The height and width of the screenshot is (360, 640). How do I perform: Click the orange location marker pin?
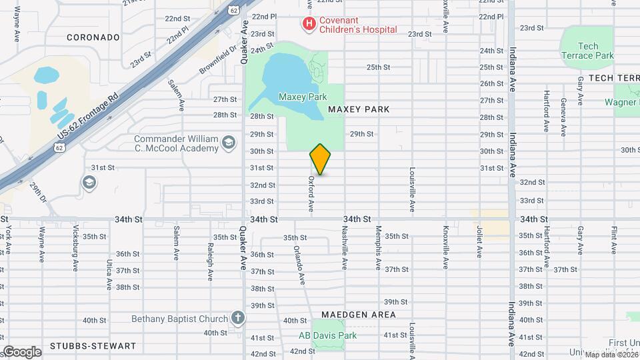coord(321,159)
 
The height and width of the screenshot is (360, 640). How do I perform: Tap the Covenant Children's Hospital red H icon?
coord(309,25)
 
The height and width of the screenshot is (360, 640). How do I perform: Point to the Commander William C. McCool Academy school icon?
coord(229,143)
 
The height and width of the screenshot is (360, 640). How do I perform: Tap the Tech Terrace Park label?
coord(587,51)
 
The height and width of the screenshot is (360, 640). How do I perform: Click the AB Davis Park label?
coord(327,335)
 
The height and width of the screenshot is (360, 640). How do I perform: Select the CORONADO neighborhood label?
coord(93,37)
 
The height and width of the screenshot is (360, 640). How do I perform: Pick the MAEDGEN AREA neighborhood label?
coord(358,314)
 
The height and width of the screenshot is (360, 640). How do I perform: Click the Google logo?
coord(22,351)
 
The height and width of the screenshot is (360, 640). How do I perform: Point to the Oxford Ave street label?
coord(311,194)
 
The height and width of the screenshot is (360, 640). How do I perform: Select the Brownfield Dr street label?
coord(218,59)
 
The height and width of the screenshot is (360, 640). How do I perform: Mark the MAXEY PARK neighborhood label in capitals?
coord(358,109)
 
